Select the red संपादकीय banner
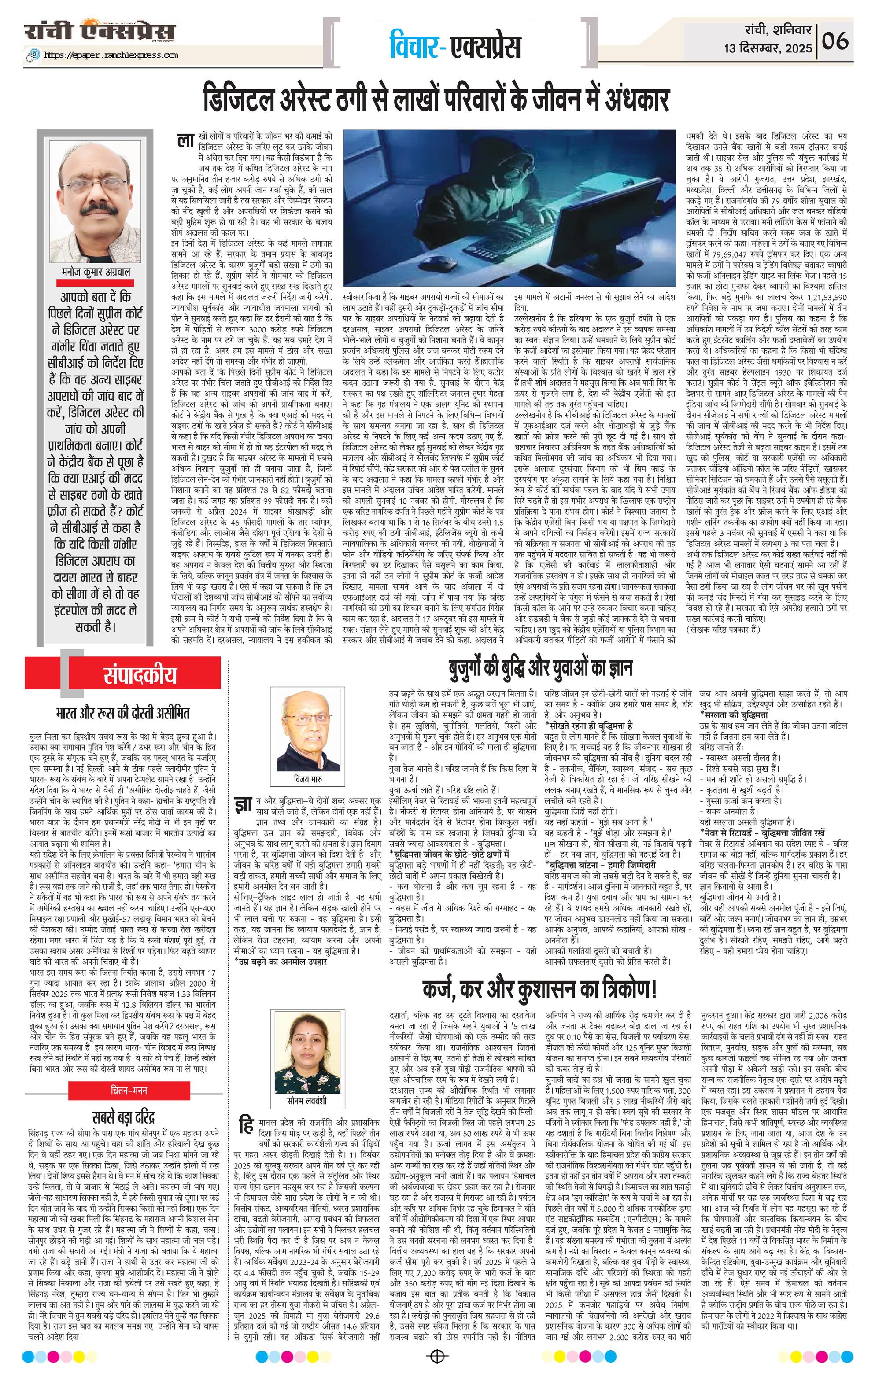coord(140,675)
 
